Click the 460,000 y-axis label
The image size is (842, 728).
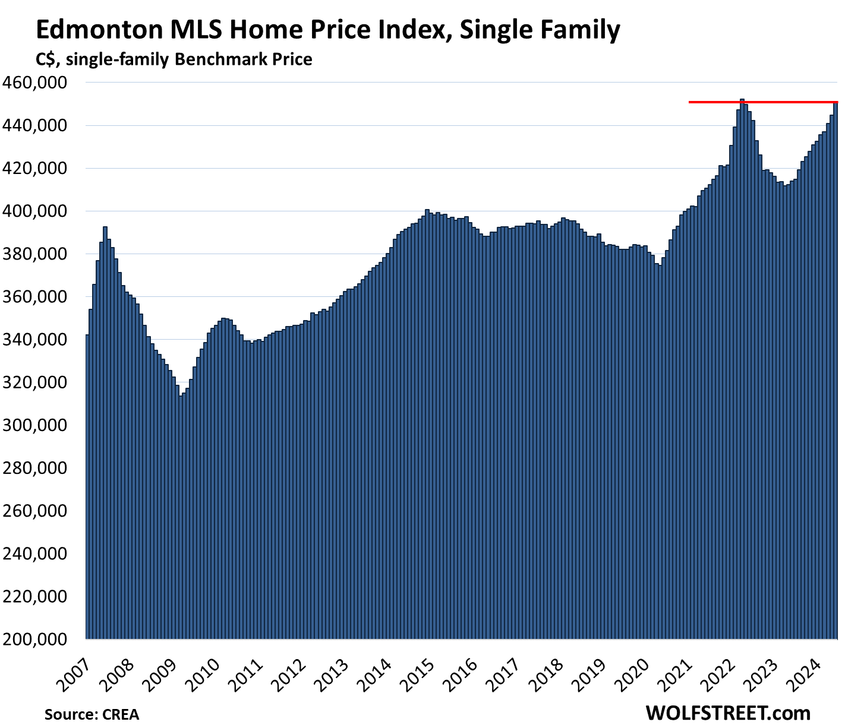(41, 83)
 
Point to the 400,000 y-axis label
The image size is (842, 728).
(41, 211)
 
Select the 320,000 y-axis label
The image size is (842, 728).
(41, 382)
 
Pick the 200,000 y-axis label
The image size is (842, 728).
(41, 639)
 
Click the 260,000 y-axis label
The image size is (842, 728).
(41, 511)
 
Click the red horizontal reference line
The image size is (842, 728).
(713, 102)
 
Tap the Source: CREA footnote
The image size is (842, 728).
(92, 714)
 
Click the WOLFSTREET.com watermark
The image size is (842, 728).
(727, 712)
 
